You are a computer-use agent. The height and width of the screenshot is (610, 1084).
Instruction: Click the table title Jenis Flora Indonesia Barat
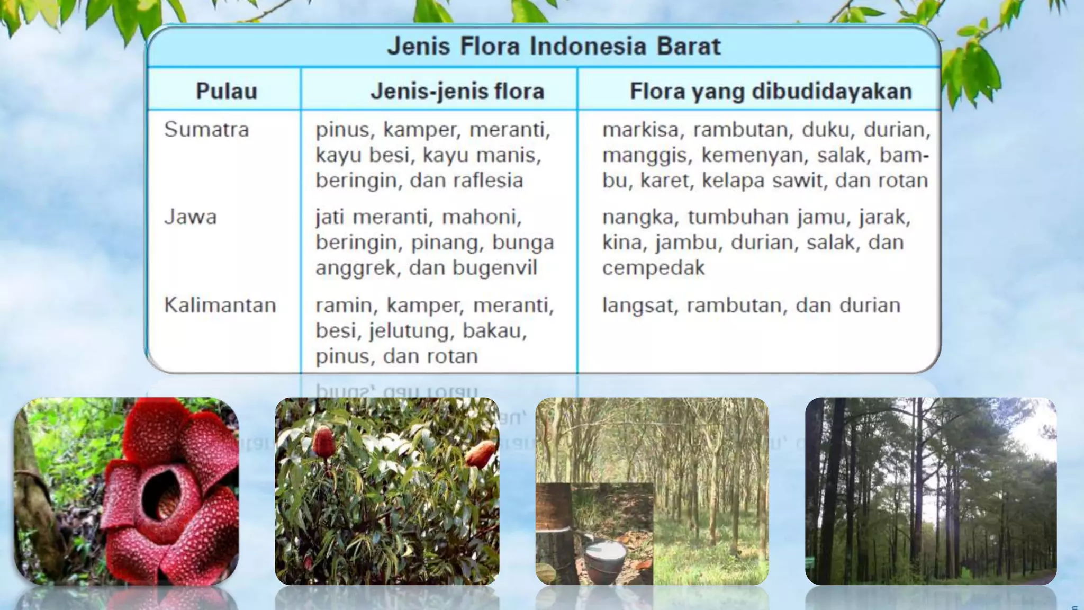click(554, 46)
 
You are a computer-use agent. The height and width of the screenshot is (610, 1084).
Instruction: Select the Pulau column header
click(227, 91)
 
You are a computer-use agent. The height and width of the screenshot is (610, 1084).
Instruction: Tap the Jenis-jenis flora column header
click(457, 91)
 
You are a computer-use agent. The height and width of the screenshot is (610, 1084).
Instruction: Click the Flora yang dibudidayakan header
click(771, 91)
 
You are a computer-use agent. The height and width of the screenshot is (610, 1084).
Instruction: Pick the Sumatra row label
click(206, 130)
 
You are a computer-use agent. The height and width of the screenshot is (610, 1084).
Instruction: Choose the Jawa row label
click(191, 217)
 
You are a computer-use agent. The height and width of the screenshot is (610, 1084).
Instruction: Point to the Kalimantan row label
click(220, 306)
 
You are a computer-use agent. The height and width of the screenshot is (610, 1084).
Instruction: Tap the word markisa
click(640, 130)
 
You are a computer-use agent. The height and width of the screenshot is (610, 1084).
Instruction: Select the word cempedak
click(653, 268)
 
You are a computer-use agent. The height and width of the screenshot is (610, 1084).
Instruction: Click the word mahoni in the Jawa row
click(481, 217)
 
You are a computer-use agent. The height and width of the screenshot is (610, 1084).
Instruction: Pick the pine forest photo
click(931, 491)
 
